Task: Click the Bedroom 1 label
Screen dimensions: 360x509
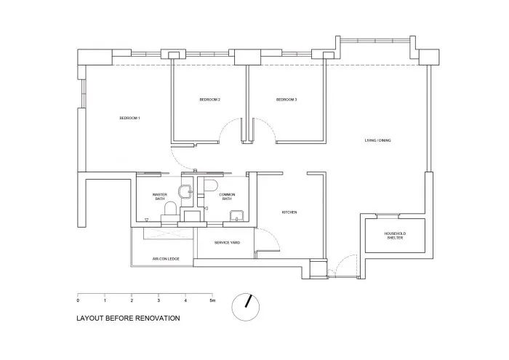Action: pos(129,119)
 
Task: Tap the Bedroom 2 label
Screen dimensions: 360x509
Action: pos(209,100)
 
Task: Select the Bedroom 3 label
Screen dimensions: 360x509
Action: pos(286,100)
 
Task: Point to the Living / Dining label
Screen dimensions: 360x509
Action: pos(378,140)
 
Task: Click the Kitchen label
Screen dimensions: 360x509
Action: pos(289,212)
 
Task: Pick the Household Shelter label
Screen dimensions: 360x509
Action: pos(395,236)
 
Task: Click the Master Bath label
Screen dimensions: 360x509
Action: pos(161,197)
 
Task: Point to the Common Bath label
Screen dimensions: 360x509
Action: pos(227,197)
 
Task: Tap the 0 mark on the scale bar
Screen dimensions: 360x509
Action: pos(78,300)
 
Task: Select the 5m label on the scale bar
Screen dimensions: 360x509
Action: pos(212,300)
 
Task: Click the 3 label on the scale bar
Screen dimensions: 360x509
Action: pos(159,300)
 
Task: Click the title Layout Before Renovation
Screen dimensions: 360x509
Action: pos(128,318)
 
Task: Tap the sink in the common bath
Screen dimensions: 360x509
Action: pos(236,215)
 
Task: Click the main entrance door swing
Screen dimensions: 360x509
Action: pos(345,263)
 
